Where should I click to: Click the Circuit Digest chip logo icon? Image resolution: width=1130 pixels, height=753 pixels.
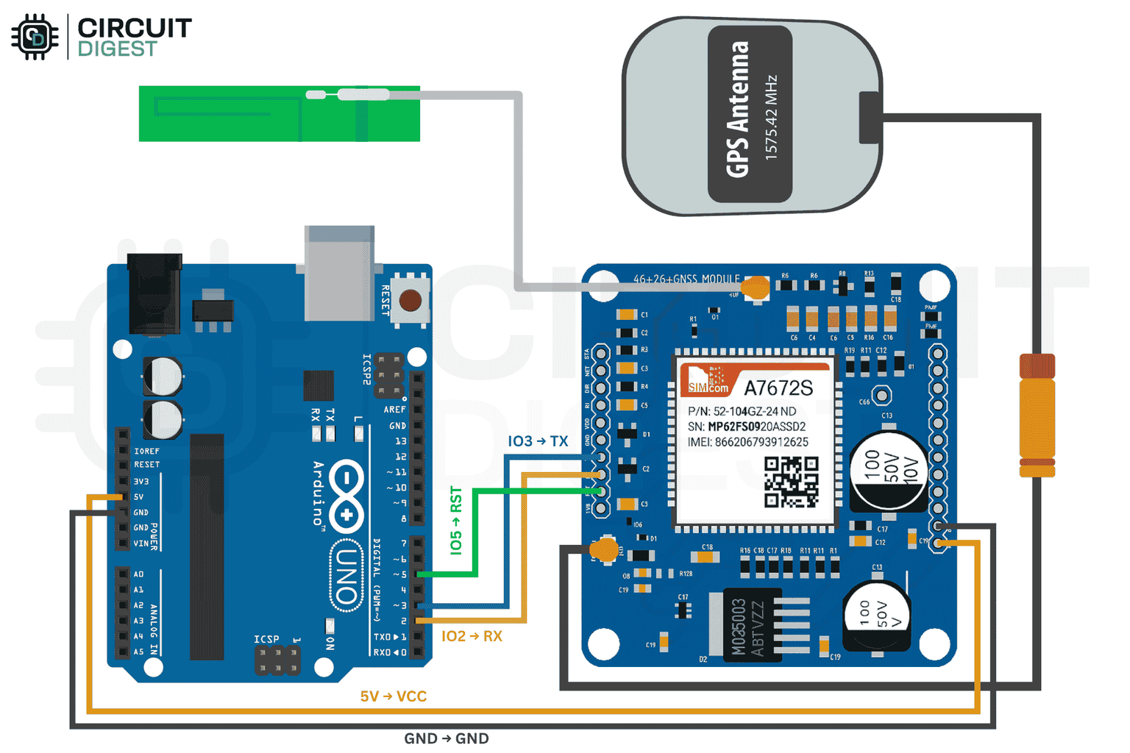(35, 37)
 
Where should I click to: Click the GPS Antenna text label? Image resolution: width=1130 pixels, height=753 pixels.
(738, 110)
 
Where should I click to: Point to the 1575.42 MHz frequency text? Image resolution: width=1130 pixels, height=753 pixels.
(770, 116)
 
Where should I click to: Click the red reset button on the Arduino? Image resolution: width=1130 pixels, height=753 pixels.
(410, 300)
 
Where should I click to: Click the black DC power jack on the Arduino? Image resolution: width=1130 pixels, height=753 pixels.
(154, 293)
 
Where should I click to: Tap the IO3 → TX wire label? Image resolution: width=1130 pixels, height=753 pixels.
(538, 441)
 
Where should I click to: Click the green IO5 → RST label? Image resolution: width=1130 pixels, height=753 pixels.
(456, 520)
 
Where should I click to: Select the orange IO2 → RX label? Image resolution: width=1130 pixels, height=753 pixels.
(472, 636)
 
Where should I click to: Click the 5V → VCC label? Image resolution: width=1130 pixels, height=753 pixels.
(393, 696)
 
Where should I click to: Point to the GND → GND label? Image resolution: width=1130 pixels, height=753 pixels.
(446, 738)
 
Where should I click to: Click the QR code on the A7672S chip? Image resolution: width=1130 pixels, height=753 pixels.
(791, 482)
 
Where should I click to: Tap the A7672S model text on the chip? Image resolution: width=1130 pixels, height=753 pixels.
(778, 388)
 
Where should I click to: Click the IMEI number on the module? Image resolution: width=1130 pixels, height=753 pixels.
(748, 442)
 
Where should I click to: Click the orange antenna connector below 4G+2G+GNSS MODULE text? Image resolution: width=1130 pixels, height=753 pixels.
(756, 287)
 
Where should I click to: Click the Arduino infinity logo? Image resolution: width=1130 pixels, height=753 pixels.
(347, 496)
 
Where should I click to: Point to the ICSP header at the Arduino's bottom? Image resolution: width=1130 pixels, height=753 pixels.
(277, 660)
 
